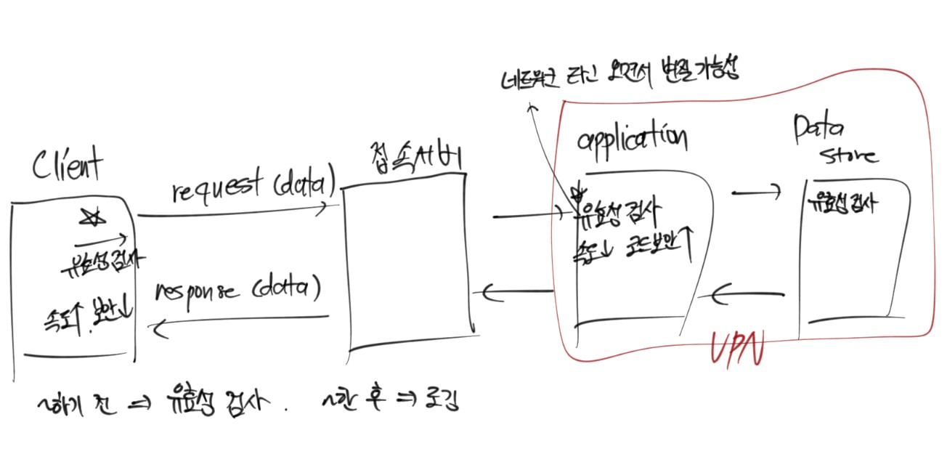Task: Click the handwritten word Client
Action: (x=68, y=166)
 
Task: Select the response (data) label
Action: (x=237, y=291)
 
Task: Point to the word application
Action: (x=632, y=137)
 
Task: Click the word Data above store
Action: (x=818, y=131)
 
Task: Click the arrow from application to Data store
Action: (x=756, y=193)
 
